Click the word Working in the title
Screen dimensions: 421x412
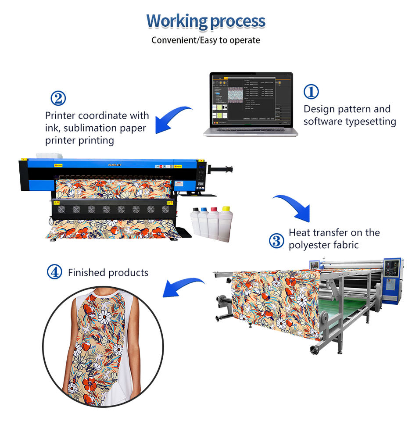coord(171,21)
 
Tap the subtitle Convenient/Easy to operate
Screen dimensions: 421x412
coord(206,40)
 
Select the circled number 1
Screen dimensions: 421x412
coord(311,92)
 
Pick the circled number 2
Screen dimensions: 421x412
coord(58,98)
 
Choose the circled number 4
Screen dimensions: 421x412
coord(54,272)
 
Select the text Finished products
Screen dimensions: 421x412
coord(108,273)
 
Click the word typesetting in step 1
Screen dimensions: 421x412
coord(371,121)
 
